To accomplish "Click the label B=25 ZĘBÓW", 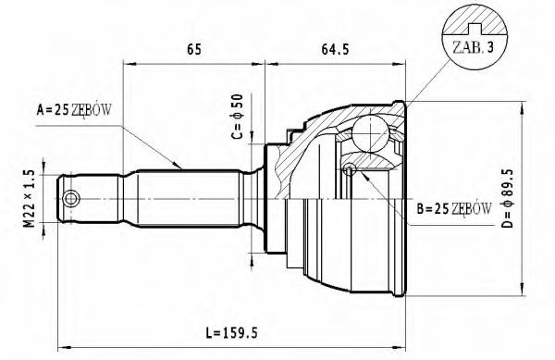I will [x=452, y=209].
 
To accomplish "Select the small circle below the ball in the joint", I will [x=350, y=170].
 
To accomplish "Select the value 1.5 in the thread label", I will [x=29, y=180].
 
